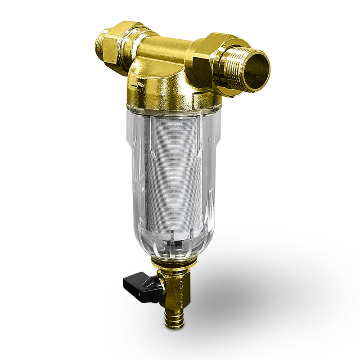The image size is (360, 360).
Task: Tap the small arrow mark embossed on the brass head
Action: (x=140, y=84)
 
